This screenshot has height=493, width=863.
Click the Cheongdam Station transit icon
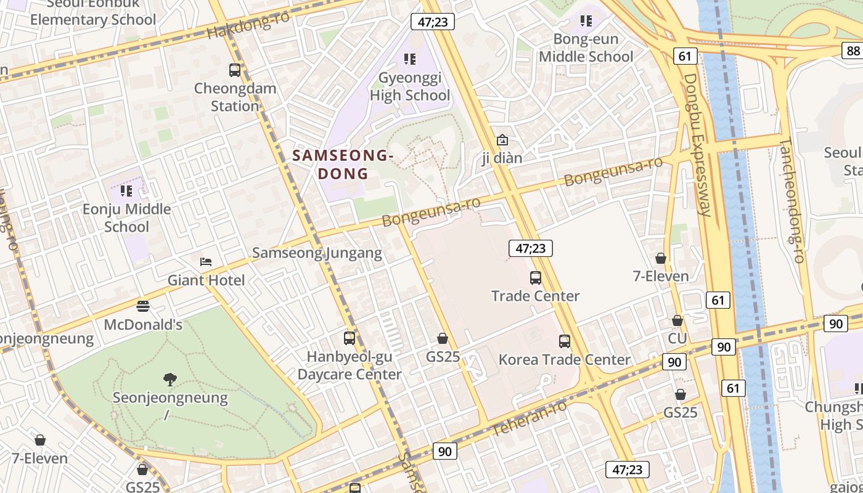(x=235, y=70)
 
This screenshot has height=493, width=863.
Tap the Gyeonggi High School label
(x=410, y=87)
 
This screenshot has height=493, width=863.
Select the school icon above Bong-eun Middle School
(x=586, y=21)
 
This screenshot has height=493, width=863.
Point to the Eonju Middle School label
(x=127, y=218)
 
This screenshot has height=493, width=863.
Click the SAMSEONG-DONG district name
(x=343, y=165)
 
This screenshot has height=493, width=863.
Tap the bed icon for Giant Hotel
(x=206, y=262)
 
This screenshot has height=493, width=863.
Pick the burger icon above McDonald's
(x=143, y=306)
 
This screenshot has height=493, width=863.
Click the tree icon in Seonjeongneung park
(x=170, y=379)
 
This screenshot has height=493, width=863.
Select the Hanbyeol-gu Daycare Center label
(x=350, y=365)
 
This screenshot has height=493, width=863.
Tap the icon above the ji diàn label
(x=502, y=140)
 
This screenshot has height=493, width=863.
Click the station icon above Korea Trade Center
(x=564, y=341)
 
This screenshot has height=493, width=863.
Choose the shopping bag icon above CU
(x=677, y=320)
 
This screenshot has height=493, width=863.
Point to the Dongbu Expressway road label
(x=698, y=145)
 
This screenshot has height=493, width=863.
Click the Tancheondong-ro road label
(x=793, y=200)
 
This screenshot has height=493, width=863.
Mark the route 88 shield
(x=853, y=51)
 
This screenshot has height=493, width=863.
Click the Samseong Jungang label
(x=317, y=253)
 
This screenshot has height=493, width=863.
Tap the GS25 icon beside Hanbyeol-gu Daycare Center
(x=443, y=338)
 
